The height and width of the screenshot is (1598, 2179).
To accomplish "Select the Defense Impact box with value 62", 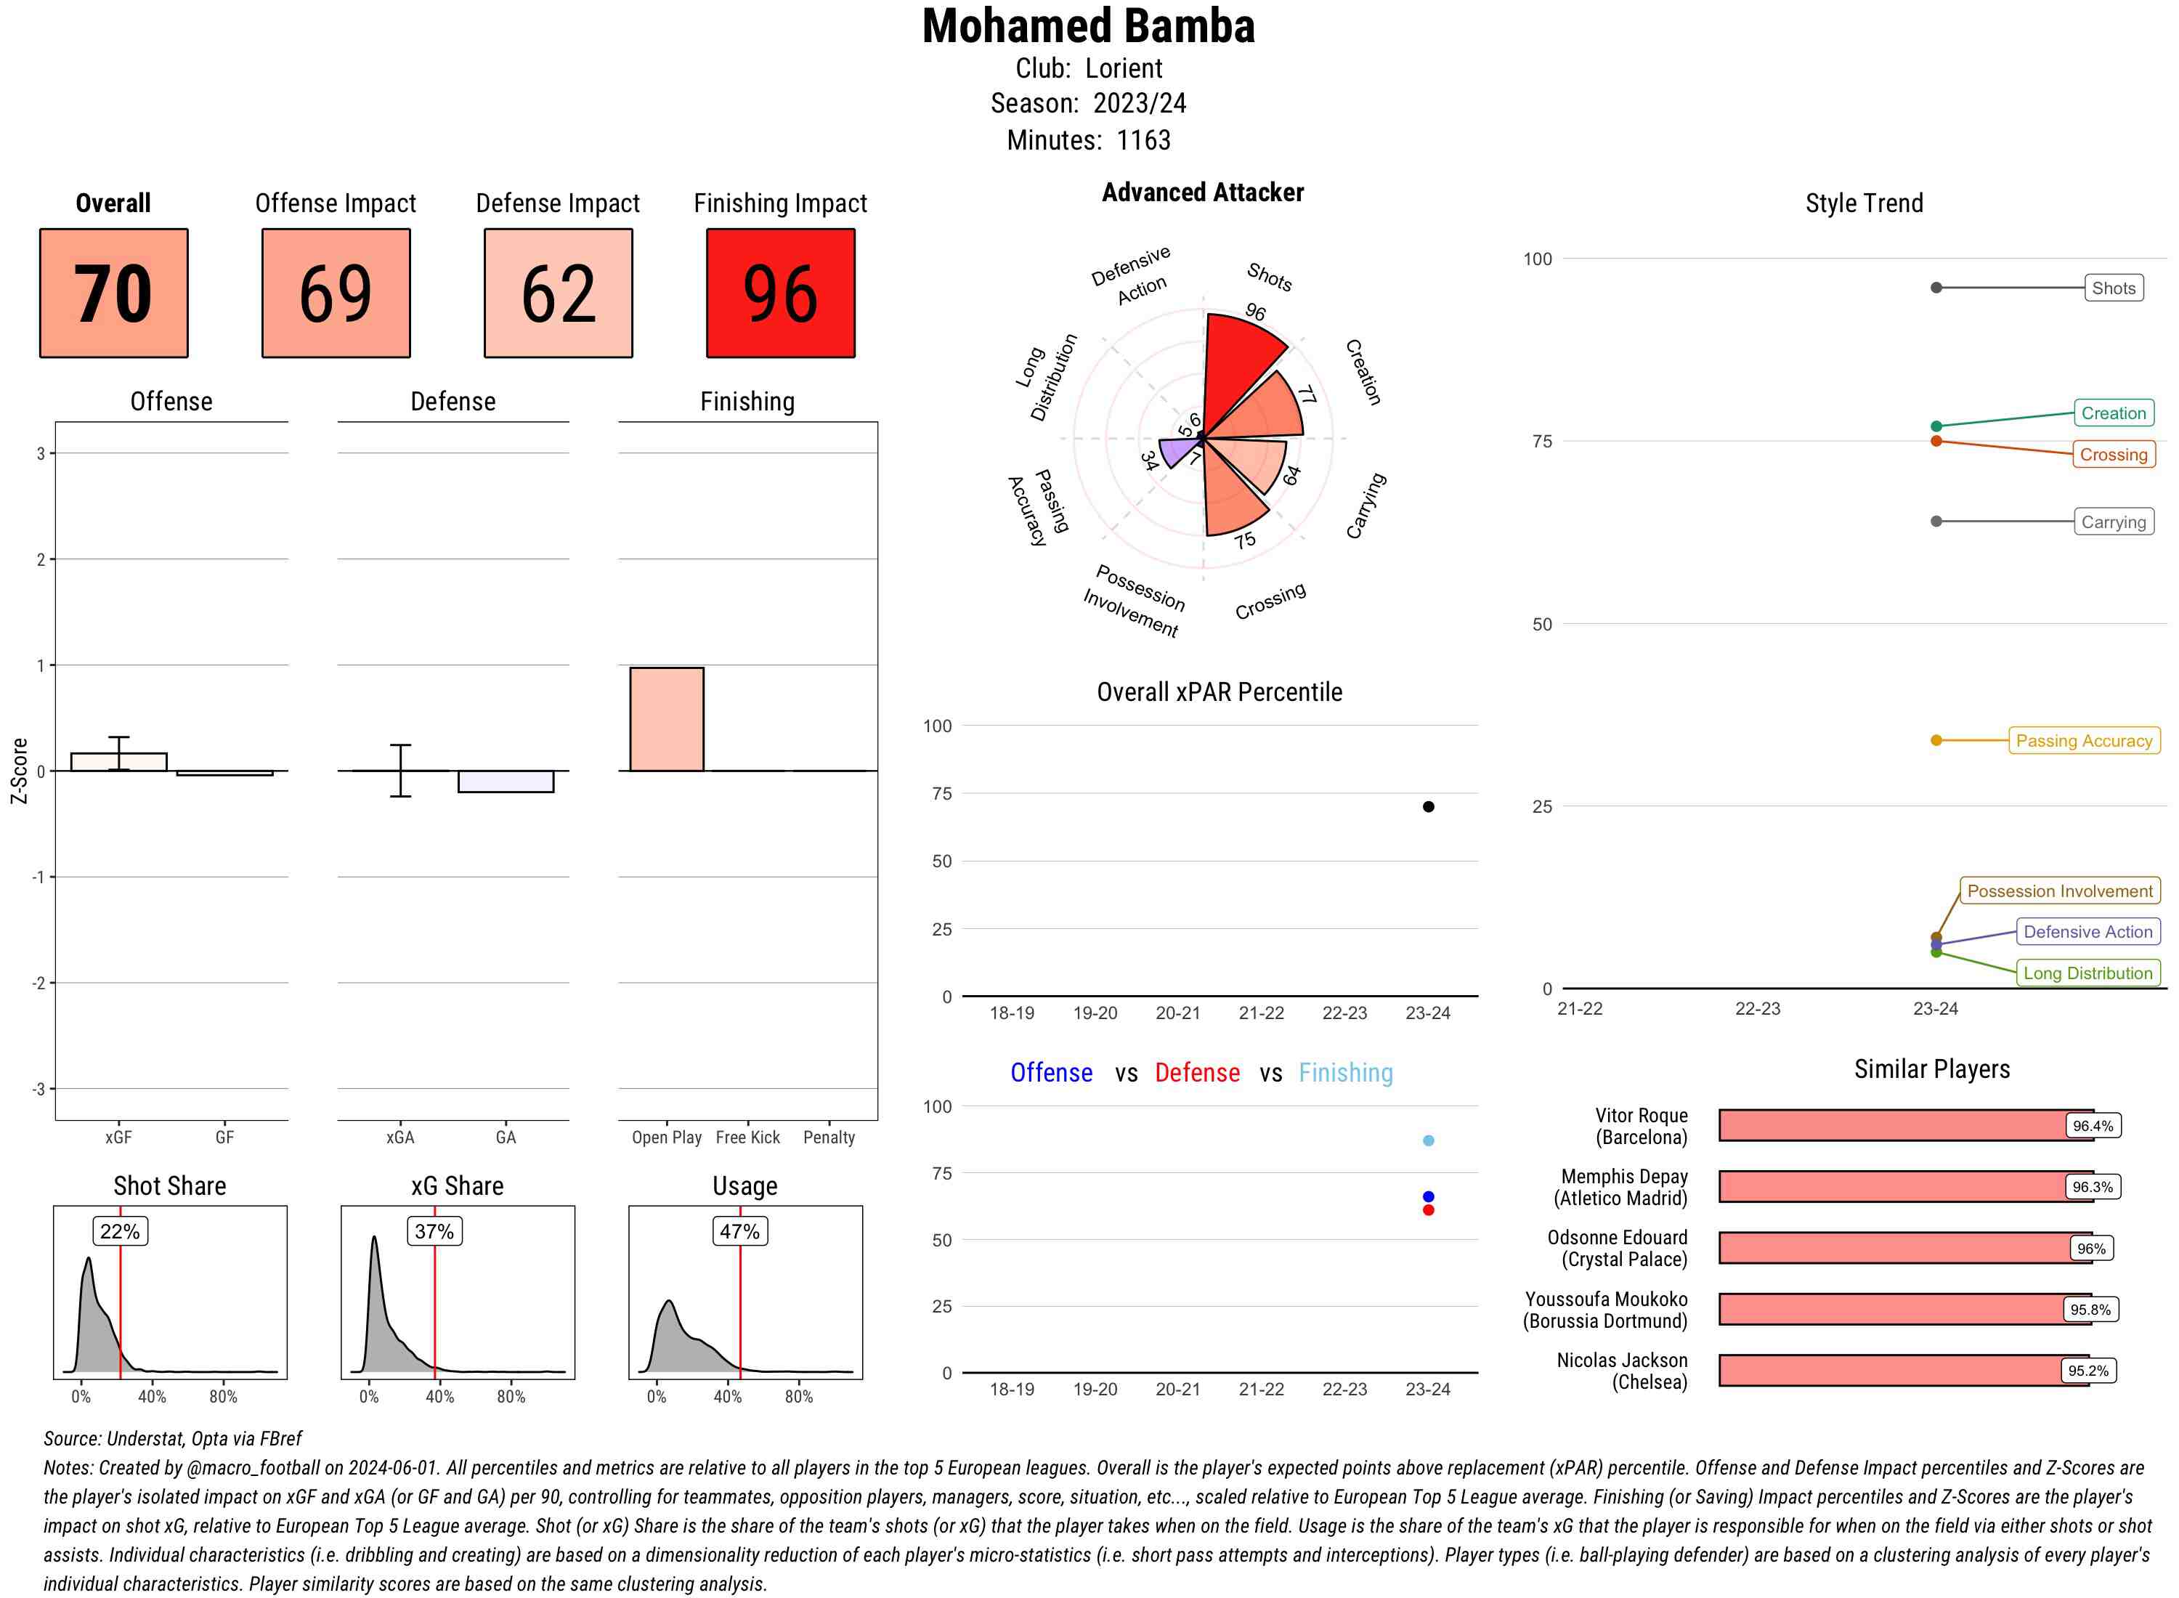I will [558, 293].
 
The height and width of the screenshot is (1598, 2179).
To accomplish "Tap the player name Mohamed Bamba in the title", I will [1088, 26].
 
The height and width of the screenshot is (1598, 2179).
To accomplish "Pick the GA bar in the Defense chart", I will [506, 782].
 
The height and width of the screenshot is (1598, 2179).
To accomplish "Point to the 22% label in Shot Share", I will [120, 1231].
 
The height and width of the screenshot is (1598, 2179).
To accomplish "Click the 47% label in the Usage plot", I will [740, 1231].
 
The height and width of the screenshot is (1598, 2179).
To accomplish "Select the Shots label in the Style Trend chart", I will [2112, 288].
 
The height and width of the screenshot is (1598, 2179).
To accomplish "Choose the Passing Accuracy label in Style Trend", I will [2083, 741].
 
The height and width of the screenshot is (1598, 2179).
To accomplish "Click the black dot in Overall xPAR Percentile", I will [1429, 807].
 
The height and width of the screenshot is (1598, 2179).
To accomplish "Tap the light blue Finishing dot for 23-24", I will [1429, 1140].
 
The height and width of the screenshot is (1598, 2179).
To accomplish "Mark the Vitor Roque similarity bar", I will [1896, 1126].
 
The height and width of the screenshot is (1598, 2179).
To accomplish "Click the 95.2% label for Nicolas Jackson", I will [2087, 1371].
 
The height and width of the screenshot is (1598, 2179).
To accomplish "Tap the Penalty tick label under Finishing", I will [829, 1137].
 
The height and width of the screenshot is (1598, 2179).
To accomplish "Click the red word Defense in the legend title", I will [1196, 1073].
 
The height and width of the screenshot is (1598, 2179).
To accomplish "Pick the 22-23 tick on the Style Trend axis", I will [1757, 1009].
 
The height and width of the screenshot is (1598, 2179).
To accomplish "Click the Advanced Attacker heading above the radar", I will [1202, 192].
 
